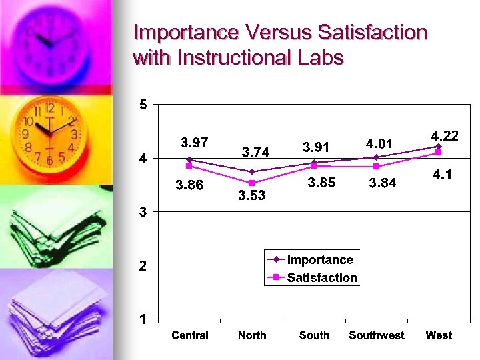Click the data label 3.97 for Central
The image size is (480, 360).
click(195, 142)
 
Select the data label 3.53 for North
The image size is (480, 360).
click(252, 195)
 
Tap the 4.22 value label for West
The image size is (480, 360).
click(445, 135)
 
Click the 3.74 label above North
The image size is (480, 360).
click(255, 153)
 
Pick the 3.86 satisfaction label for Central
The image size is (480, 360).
click(189, 185)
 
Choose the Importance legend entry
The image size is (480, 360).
click(319, 259)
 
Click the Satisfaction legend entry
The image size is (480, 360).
click(321, 277)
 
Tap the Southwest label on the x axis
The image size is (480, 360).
click(376, 335)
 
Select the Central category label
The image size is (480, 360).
click(190, 335)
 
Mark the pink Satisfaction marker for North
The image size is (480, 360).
click(251, 183)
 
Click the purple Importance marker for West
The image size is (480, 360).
click(439, 146)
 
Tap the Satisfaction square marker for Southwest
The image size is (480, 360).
click(376, 166)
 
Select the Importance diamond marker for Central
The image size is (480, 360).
click(189, 159)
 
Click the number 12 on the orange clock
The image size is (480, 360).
click(50, 107)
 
